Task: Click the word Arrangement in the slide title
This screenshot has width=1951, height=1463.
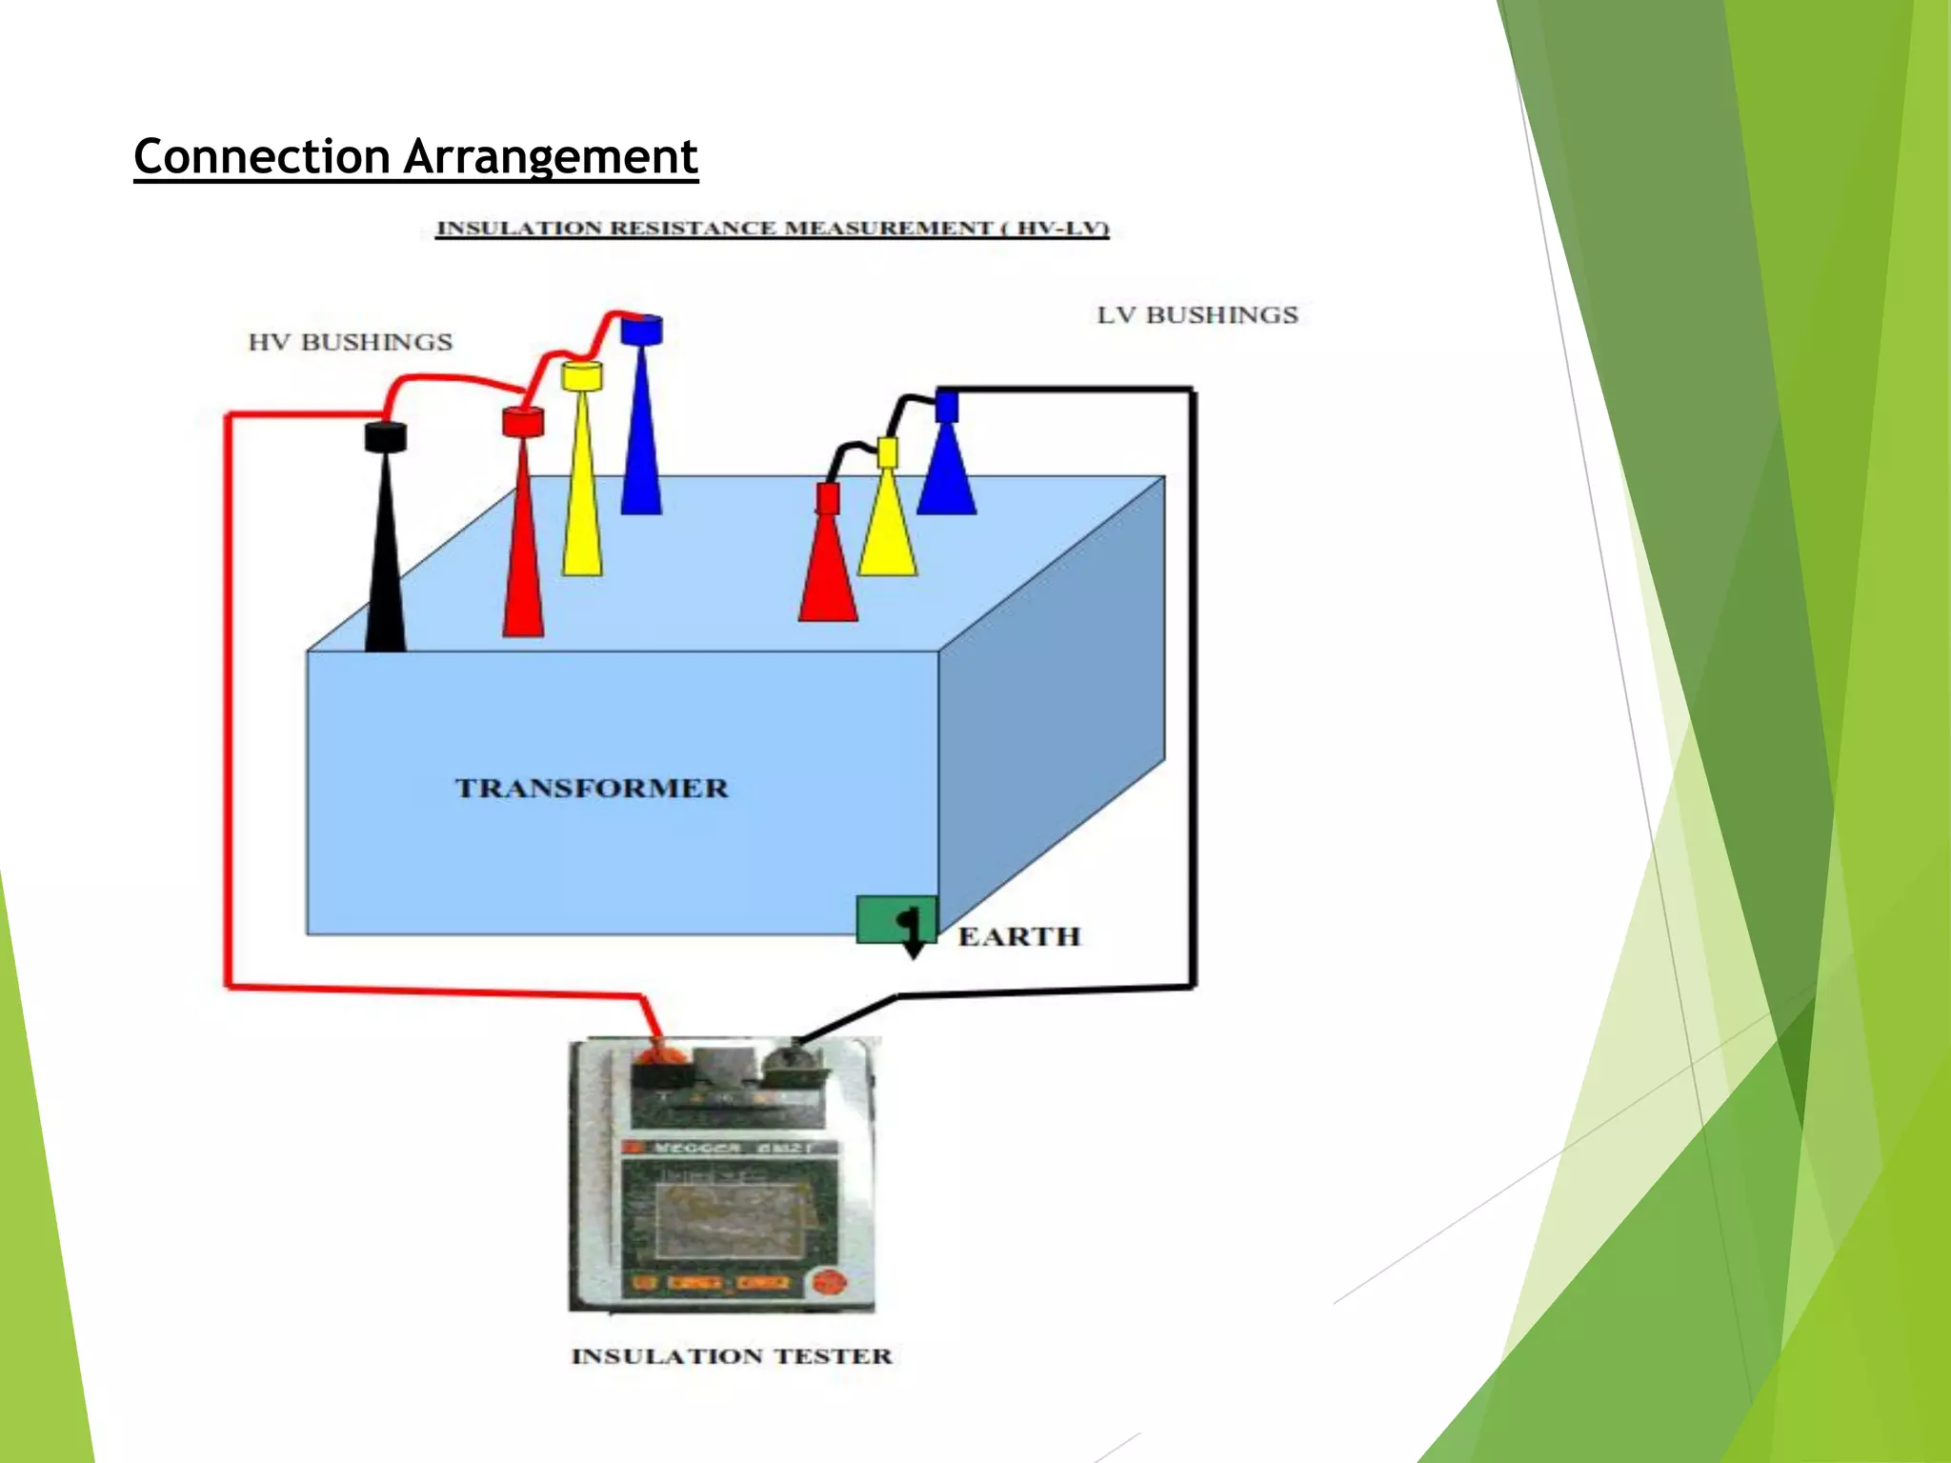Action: (551, 157)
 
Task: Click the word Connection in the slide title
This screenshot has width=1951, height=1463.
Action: (262, 157)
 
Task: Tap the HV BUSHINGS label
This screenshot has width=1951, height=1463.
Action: (350, 342)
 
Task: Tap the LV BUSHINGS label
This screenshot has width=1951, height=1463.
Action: (1197, 315)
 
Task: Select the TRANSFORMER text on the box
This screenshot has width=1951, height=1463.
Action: (592, 789)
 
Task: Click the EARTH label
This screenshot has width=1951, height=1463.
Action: (1018, 937)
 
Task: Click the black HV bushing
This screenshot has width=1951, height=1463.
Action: (386, 552)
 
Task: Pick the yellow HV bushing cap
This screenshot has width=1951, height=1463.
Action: (581, 375)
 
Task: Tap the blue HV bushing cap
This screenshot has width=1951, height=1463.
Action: (641, 331)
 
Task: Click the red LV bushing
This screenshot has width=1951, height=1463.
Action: (828, 571)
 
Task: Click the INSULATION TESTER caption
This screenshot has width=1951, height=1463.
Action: (732, 1356)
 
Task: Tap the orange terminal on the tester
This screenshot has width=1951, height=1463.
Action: (654, 1057)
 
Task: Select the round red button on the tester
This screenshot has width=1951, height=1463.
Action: (827, 1282)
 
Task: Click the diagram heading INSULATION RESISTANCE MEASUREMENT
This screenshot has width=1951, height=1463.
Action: (772, 229)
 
